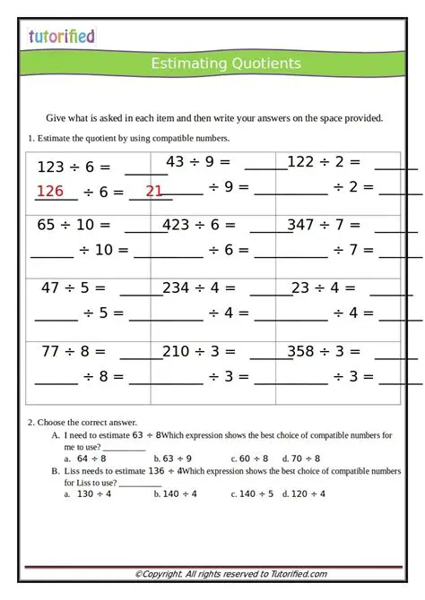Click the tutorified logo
coord(61,36)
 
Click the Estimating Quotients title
coord(225,64)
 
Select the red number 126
coord(50,191)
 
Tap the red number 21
coord(154,191)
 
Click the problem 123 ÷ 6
coord(74,167)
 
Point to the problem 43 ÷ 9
coord(198,162)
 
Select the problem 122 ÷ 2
coord(324,162)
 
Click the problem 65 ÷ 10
coord(74,225)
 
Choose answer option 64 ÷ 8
coord(91,458)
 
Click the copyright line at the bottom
coord(230,574)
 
